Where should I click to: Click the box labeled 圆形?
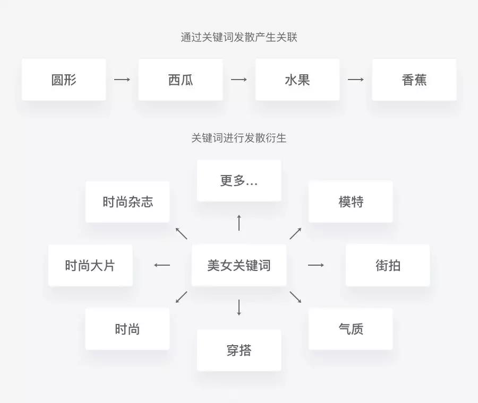click(x=64, y=80)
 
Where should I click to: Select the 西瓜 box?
click(x=181, y=80)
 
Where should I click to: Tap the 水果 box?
click(x=297, y=80)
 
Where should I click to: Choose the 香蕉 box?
click(x=414, y=80)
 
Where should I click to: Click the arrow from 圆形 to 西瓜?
click(x=122, y=80)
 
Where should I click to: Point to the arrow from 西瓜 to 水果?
click(x=239, y=80)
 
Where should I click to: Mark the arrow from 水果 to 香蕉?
click(x=356, y=80)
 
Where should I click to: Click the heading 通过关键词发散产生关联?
click(x=239, y=38)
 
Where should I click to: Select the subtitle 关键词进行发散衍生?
click(x=239, y=138)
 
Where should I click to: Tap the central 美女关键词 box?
click(x=239, y=265)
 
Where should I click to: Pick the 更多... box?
click(x=239, y=181)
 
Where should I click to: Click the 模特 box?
click(x=351, y=202)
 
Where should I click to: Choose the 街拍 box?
click(x=388, y=265)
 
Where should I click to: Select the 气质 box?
click(x=351, y=329)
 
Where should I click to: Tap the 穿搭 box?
click(x=239, y=350)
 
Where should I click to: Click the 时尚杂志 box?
click(x=127, y=202)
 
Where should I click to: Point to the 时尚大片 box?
click(x=90, y=265)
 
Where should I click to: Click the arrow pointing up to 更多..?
click(x=239, y=223)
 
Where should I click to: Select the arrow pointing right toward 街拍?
click(x=316, y=265)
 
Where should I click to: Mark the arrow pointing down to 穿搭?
click(x=239, y=308)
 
